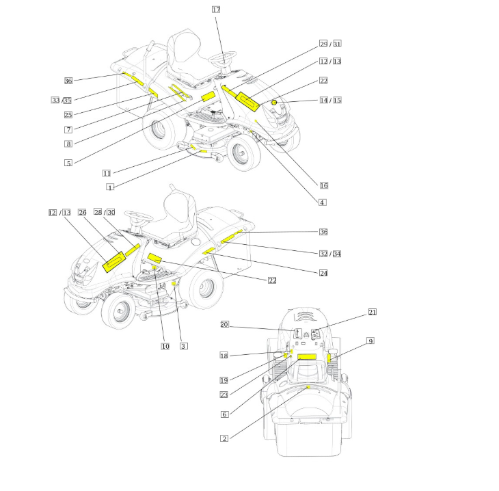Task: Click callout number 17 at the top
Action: click(x=216, y=10)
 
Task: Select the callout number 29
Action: click(x=323, y=44)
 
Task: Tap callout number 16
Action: click(x=323, y=185)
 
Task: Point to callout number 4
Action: click(x=323, y=202)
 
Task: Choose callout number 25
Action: click(x=68, y=115)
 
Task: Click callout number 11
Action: click(x=107, y=173)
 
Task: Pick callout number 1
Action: click(x=110, y=187)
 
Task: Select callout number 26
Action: click(x=82, y=213)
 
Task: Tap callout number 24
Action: click(x=323, y=274)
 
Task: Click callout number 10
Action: click(x=165, y=346)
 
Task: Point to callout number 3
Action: click(x=184, y=346)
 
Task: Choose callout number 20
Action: click(x=224, y=324)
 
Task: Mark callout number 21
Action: click(x=372, y=312)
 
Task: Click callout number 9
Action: click(x=370, y=341)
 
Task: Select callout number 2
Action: click(x=224, y=438)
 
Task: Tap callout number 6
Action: click(x=225, y=414)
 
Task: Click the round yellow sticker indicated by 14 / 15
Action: click(x=273, y=103)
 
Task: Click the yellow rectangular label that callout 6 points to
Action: click(x=307, y=357)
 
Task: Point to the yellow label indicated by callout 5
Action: click(x=208, y=96)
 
